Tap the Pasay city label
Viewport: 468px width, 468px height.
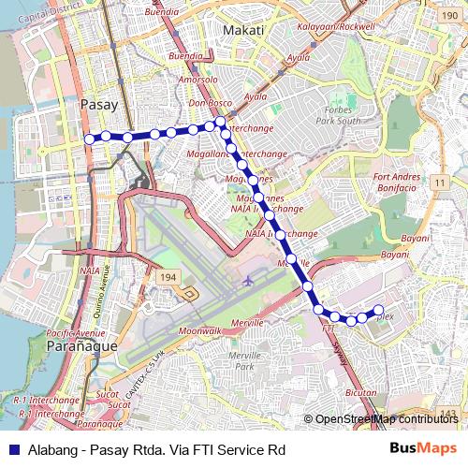[97, 104]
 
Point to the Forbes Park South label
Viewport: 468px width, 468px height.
[338, 116]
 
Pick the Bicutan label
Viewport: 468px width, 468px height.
[360, 394]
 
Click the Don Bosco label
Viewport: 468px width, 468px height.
[210, 103]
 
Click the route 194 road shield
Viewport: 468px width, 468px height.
[168, 278]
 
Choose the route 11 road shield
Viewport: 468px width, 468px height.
[438, 180]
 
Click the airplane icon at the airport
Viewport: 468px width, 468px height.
[248, 279]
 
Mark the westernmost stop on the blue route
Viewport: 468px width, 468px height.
[91, 139]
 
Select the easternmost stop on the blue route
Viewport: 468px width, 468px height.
[379, 310]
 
